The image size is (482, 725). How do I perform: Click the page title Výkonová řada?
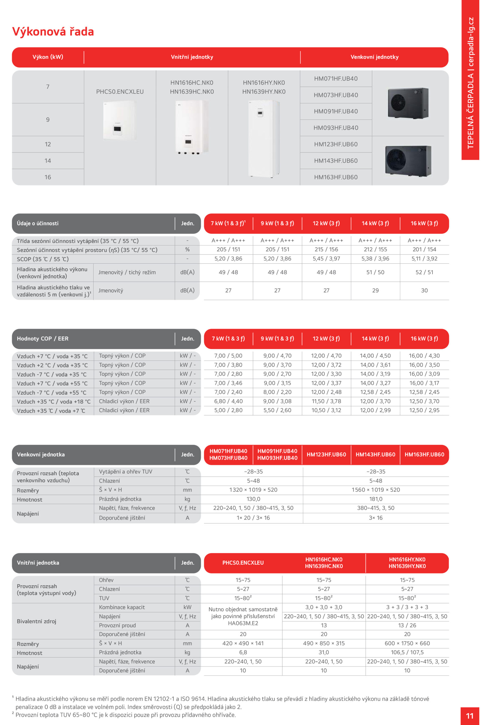53,32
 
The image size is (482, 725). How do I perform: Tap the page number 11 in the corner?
470,715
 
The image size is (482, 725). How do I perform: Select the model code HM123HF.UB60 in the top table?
336,144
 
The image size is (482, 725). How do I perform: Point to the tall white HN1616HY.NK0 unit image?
264,138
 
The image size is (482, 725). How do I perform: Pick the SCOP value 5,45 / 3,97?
326,259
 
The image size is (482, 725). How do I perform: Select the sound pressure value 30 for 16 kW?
424,290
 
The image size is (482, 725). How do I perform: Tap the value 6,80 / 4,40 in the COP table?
228,401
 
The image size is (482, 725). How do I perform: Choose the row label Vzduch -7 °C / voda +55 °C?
52,393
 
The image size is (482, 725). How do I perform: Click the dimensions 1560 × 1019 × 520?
376,490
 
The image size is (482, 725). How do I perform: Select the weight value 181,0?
376,499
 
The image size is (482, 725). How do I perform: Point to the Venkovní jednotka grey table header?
41,454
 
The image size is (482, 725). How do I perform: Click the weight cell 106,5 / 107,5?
407,652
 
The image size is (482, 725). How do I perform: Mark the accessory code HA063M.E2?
243,623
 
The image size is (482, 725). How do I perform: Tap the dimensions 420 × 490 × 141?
243,643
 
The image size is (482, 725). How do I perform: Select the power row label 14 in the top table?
48,161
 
